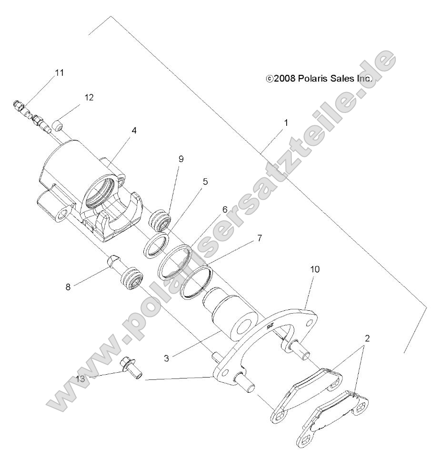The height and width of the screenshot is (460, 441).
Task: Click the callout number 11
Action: [59, 73]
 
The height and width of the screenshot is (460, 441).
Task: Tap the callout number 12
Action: [89, 97]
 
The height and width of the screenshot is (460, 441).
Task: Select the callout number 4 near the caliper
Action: [134, 130]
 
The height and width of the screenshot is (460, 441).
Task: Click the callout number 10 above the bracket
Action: [315, 269]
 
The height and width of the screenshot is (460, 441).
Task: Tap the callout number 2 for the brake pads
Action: [367, 338]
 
